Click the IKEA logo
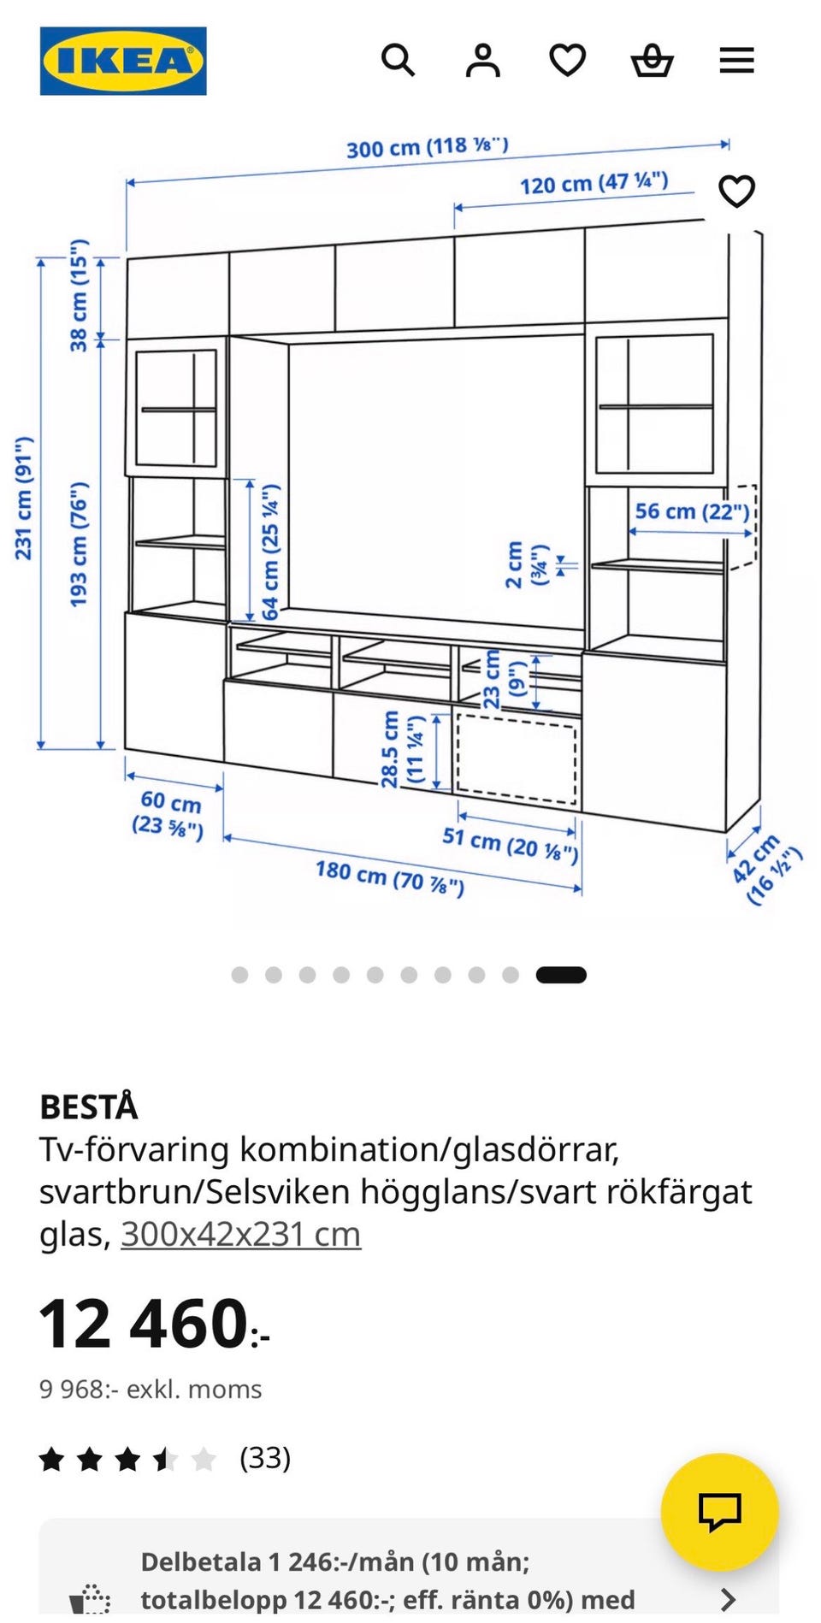[x=123, y=61]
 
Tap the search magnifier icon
[x=398, y=61]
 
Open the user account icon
[x=482, y=61]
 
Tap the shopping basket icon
[x=652, y=61]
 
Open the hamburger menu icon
[x=736, y=61]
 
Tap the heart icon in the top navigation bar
[x=567, y=61]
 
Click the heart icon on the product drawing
[x=736, y=191]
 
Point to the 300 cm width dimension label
[x=427, y=147]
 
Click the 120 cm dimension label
[x=594, y=183]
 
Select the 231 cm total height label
[x=24, y=498]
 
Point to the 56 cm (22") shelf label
[x=692, y=511]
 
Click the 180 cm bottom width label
[x=390, y=878]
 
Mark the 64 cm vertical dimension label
[x=270, y=552]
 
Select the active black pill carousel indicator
[x=561, y=975]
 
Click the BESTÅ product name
[x=88, y=1107]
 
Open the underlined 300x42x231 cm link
[x=240, y=1234]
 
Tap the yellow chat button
[x=719, y=1512]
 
